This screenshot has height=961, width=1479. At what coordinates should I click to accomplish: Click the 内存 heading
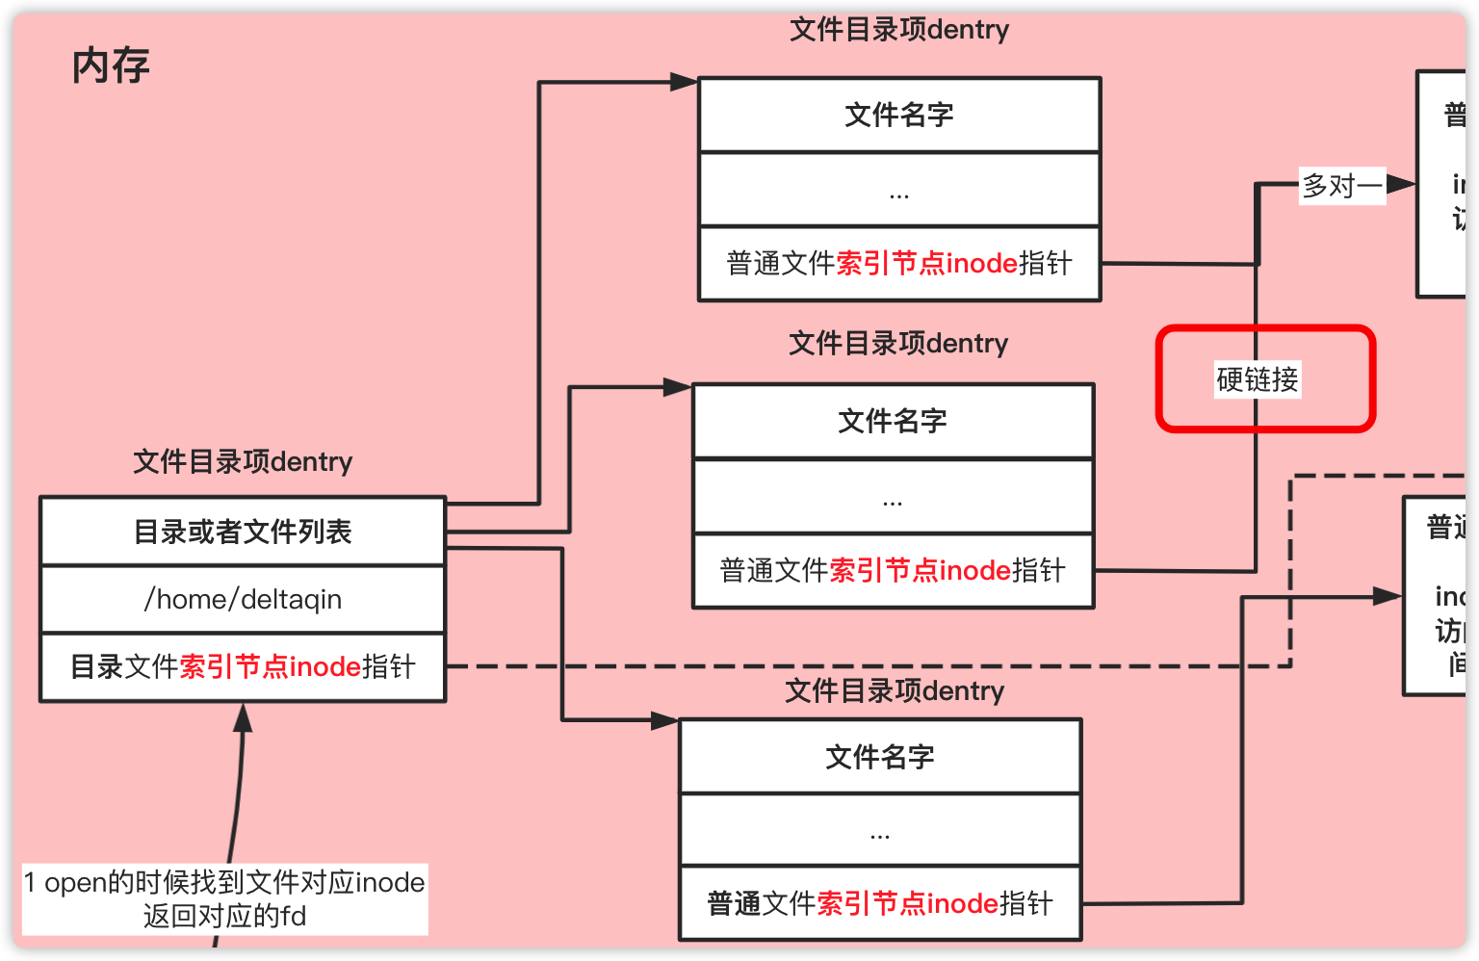[111, 66]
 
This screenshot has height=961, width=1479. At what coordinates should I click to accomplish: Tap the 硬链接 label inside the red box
[1257, 379]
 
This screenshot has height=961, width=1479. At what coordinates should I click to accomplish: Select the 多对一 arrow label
[1341, 185]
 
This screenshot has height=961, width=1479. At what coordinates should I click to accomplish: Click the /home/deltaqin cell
[243, 599]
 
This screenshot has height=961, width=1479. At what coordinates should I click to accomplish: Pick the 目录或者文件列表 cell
[243, 532]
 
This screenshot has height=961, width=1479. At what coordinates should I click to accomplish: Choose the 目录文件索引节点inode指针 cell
[243, 666]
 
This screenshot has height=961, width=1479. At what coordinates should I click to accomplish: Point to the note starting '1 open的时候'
[224, 898]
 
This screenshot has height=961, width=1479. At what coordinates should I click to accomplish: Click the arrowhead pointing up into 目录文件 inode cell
[243, 716]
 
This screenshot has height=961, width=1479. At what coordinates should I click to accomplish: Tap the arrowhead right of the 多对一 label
[1401, 184]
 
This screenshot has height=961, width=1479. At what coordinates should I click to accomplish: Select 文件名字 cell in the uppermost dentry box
[899, 116]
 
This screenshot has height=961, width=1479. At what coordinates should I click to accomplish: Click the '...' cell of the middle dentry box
[893, 497]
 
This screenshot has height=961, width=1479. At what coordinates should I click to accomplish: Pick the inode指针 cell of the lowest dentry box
[880, 903]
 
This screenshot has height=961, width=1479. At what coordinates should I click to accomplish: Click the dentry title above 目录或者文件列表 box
[243, 462]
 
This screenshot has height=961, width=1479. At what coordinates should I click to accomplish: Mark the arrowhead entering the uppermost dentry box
[684, 83]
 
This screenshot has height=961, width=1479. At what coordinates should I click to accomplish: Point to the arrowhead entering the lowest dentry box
[665, 719]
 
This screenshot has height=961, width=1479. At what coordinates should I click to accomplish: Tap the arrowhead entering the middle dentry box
[678, 388]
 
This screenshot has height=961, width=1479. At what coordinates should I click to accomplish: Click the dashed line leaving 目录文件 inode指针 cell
[867, 665]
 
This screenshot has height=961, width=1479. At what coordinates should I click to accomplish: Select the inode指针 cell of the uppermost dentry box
[899, 264]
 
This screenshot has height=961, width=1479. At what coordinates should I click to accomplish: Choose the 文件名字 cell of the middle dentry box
[893, 422]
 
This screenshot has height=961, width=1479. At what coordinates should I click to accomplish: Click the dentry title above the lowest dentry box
[895, 691]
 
